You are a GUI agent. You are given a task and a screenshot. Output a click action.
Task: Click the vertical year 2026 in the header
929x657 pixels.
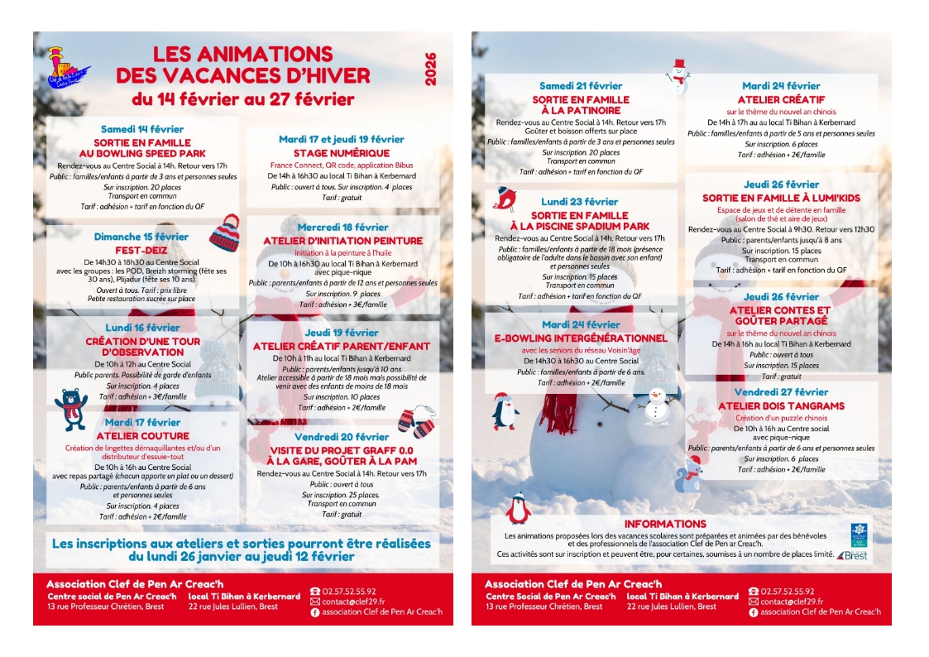pos(430,70)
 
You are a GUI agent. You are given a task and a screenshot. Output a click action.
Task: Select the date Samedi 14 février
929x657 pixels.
pos(142,129)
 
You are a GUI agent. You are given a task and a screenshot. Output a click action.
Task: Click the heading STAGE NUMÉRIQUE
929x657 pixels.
pos(341,153)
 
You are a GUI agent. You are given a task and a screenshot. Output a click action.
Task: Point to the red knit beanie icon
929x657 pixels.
pos(224,233)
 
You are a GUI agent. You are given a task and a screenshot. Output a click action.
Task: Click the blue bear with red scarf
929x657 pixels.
pos(71,407)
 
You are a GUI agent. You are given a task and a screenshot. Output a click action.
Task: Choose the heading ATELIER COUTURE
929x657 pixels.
pos(142,435)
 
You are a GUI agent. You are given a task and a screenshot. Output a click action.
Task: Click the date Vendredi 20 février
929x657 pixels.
pos(341,437)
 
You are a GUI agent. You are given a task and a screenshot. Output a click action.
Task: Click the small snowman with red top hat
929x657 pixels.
pos(678,75)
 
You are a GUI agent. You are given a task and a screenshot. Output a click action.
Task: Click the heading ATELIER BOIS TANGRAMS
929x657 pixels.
pos(781,406)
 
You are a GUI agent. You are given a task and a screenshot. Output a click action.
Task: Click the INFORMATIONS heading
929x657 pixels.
pos(665,524)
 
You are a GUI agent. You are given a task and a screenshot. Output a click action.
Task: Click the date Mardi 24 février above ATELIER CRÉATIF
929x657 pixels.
pos(781,86)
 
